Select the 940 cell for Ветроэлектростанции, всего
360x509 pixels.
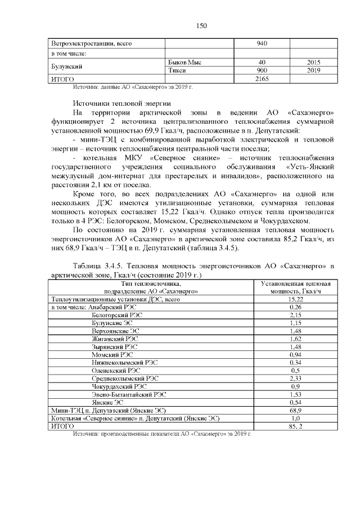[262, 44]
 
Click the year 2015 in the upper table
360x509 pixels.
[313, 62]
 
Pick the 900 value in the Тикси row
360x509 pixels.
[262, 70]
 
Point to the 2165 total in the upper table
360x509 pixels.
[262, 79]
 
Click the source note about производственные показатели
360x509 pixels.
[162, 435]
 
